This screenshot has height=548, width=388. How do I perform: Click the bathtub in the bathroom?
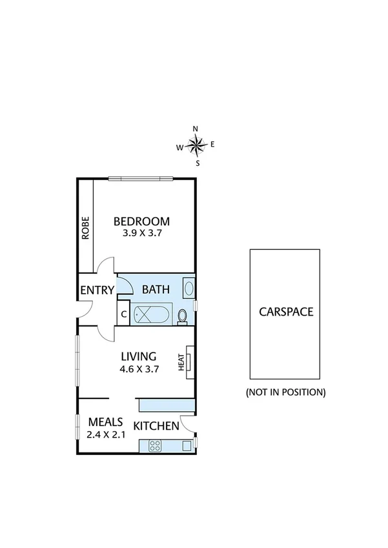coord(152,315)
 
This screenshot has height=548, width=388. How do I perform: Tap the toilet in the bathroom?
coord(183,316)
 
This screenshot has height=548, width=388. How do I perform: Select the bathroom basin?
coord(188,288)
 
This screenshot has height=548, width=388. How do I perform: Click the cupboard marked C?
coord(123,314)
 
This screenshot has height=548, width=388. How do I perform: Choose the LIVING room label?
coord(139,356)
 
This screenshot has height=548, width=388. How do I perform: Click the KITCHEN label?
coord(156,425)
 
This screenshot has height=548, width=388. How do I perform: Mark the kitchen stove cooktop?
coord(155,444)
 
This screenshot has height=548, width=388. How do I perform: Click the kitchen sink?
coord(187,444)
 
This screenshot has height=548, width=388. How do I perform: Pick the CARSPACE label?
coord(285,311)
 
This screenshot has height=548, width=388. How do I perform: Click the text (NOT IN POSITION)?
coord(285,392)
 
